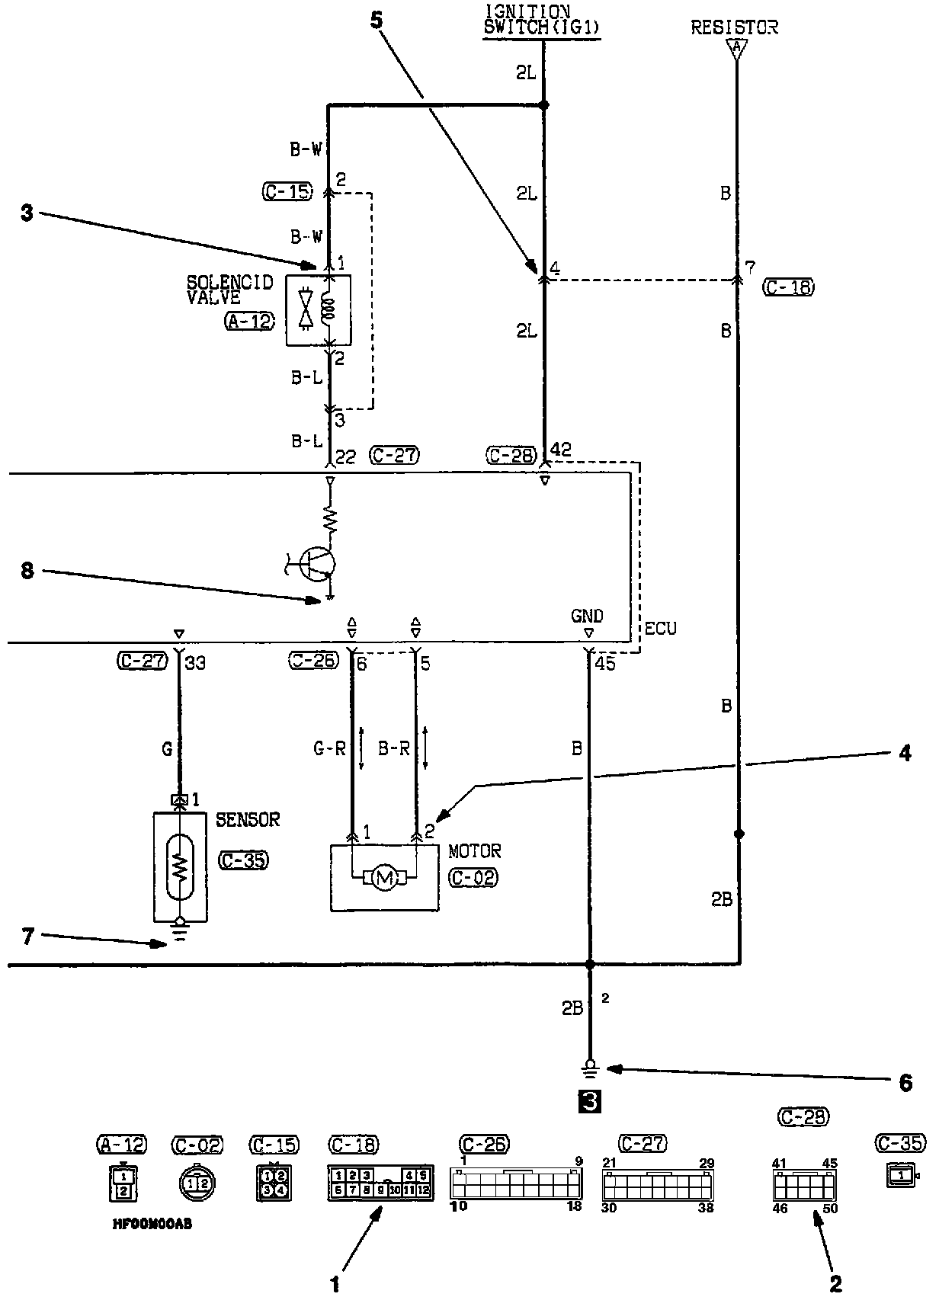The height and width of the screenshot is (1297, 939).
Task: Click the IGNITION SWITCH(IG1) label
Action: (542, 21)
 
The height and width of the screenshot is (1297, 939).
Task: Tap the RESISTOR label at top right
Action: (734, 27)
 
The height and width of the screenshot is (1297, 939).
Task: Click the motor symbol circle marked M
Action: (385, 879)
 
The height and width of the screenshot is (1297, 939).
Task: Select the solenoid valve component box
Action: (318, 310)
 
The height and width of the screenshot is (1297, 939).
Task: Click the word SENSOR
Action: (248, 820)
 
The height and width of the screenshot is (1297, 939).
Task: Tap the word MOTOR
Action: (474, 850)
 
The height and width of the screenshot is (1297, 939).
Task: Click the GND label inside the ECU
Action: (587, 616)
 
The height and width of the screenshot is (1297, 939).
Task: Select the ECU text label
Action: (660, 629)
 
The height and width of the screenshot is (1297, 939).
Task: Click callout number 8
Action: (27, 571)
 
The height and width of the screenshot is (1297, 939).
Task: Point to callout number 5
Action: (377, 20)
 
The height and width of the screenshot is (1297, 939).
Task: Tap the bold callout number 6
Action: (905, 1083)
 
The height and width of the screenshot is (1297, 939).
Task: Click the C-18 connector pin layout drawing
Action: (380, 1183)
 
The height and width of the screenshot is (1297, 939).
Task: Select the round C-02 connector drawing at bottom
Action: (197, 1183)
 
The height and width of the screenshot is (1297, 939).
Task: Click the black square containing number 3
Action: (590, 1101)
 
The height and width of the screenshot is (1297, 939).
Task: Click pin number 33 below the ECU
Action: (195, 663)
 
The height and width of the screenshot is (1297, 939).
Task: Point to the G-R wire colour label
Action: (329, 749)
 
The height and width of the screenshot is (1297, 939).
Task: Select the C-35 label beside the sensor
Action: (244, 860)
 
